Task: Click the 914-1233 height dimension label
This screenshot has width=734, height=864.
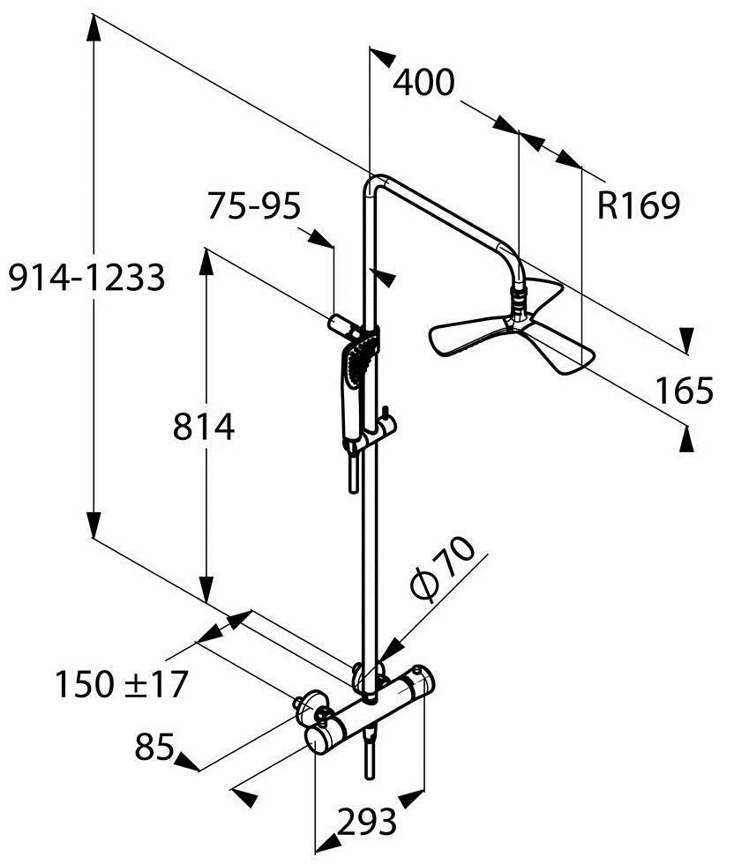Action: tap(86, 277)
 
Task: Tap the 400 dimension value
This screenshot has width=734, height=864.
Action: tap(423, 83)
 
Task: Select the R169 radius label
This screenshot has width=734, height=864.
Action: tap(639, 205)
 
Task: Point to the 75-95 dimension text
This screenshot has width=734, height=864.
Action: tap(254, 206)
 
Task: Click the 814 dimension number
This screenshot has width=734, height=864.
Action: tap(204, 427)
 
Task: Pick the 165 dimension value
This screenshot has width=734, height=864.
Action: tap(684, 390)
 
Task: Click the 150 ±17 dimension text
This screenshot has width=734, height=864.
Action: tap(122, 684)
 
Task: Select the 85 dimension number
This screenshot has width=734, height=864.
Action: tap(154, 747)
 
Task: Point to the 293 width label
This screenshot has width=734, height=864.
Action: tap(367, 822)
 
